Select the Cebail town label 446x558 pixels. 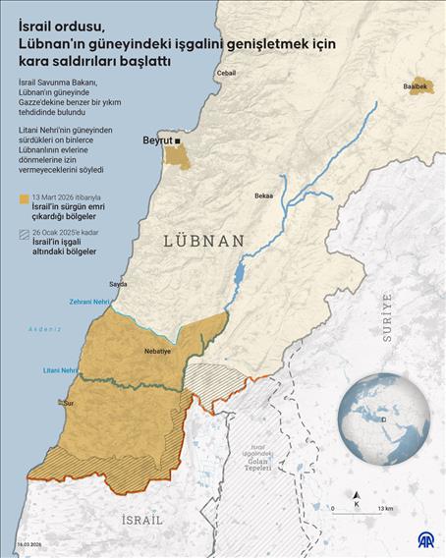[x=226, y=74]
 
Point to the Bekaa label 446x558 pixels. [x=263, y=195]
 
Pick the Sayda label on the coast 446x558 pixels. [x=118, y=284]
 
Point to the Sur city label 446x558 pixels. [x=70, y=403]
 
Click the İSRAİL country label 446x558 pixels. [x=141, y=517]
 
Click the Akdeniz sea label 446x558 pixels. [x=45, y=328]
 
